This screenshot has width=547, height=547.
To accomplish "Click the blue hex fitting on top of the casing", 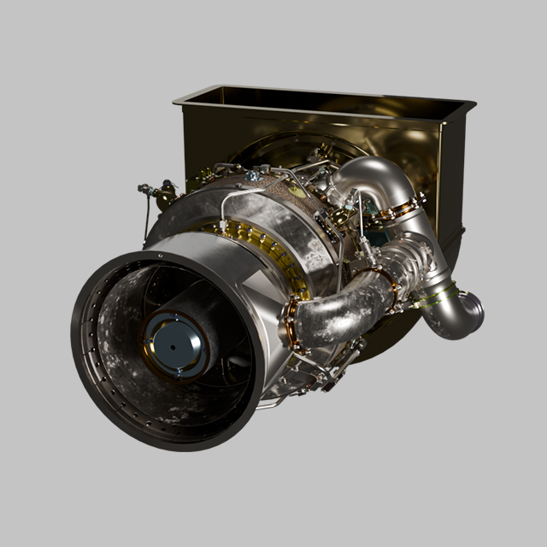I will click(252, 177).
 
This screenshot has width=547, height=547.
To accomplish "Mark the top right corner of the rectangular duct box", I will click(473, 103).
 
